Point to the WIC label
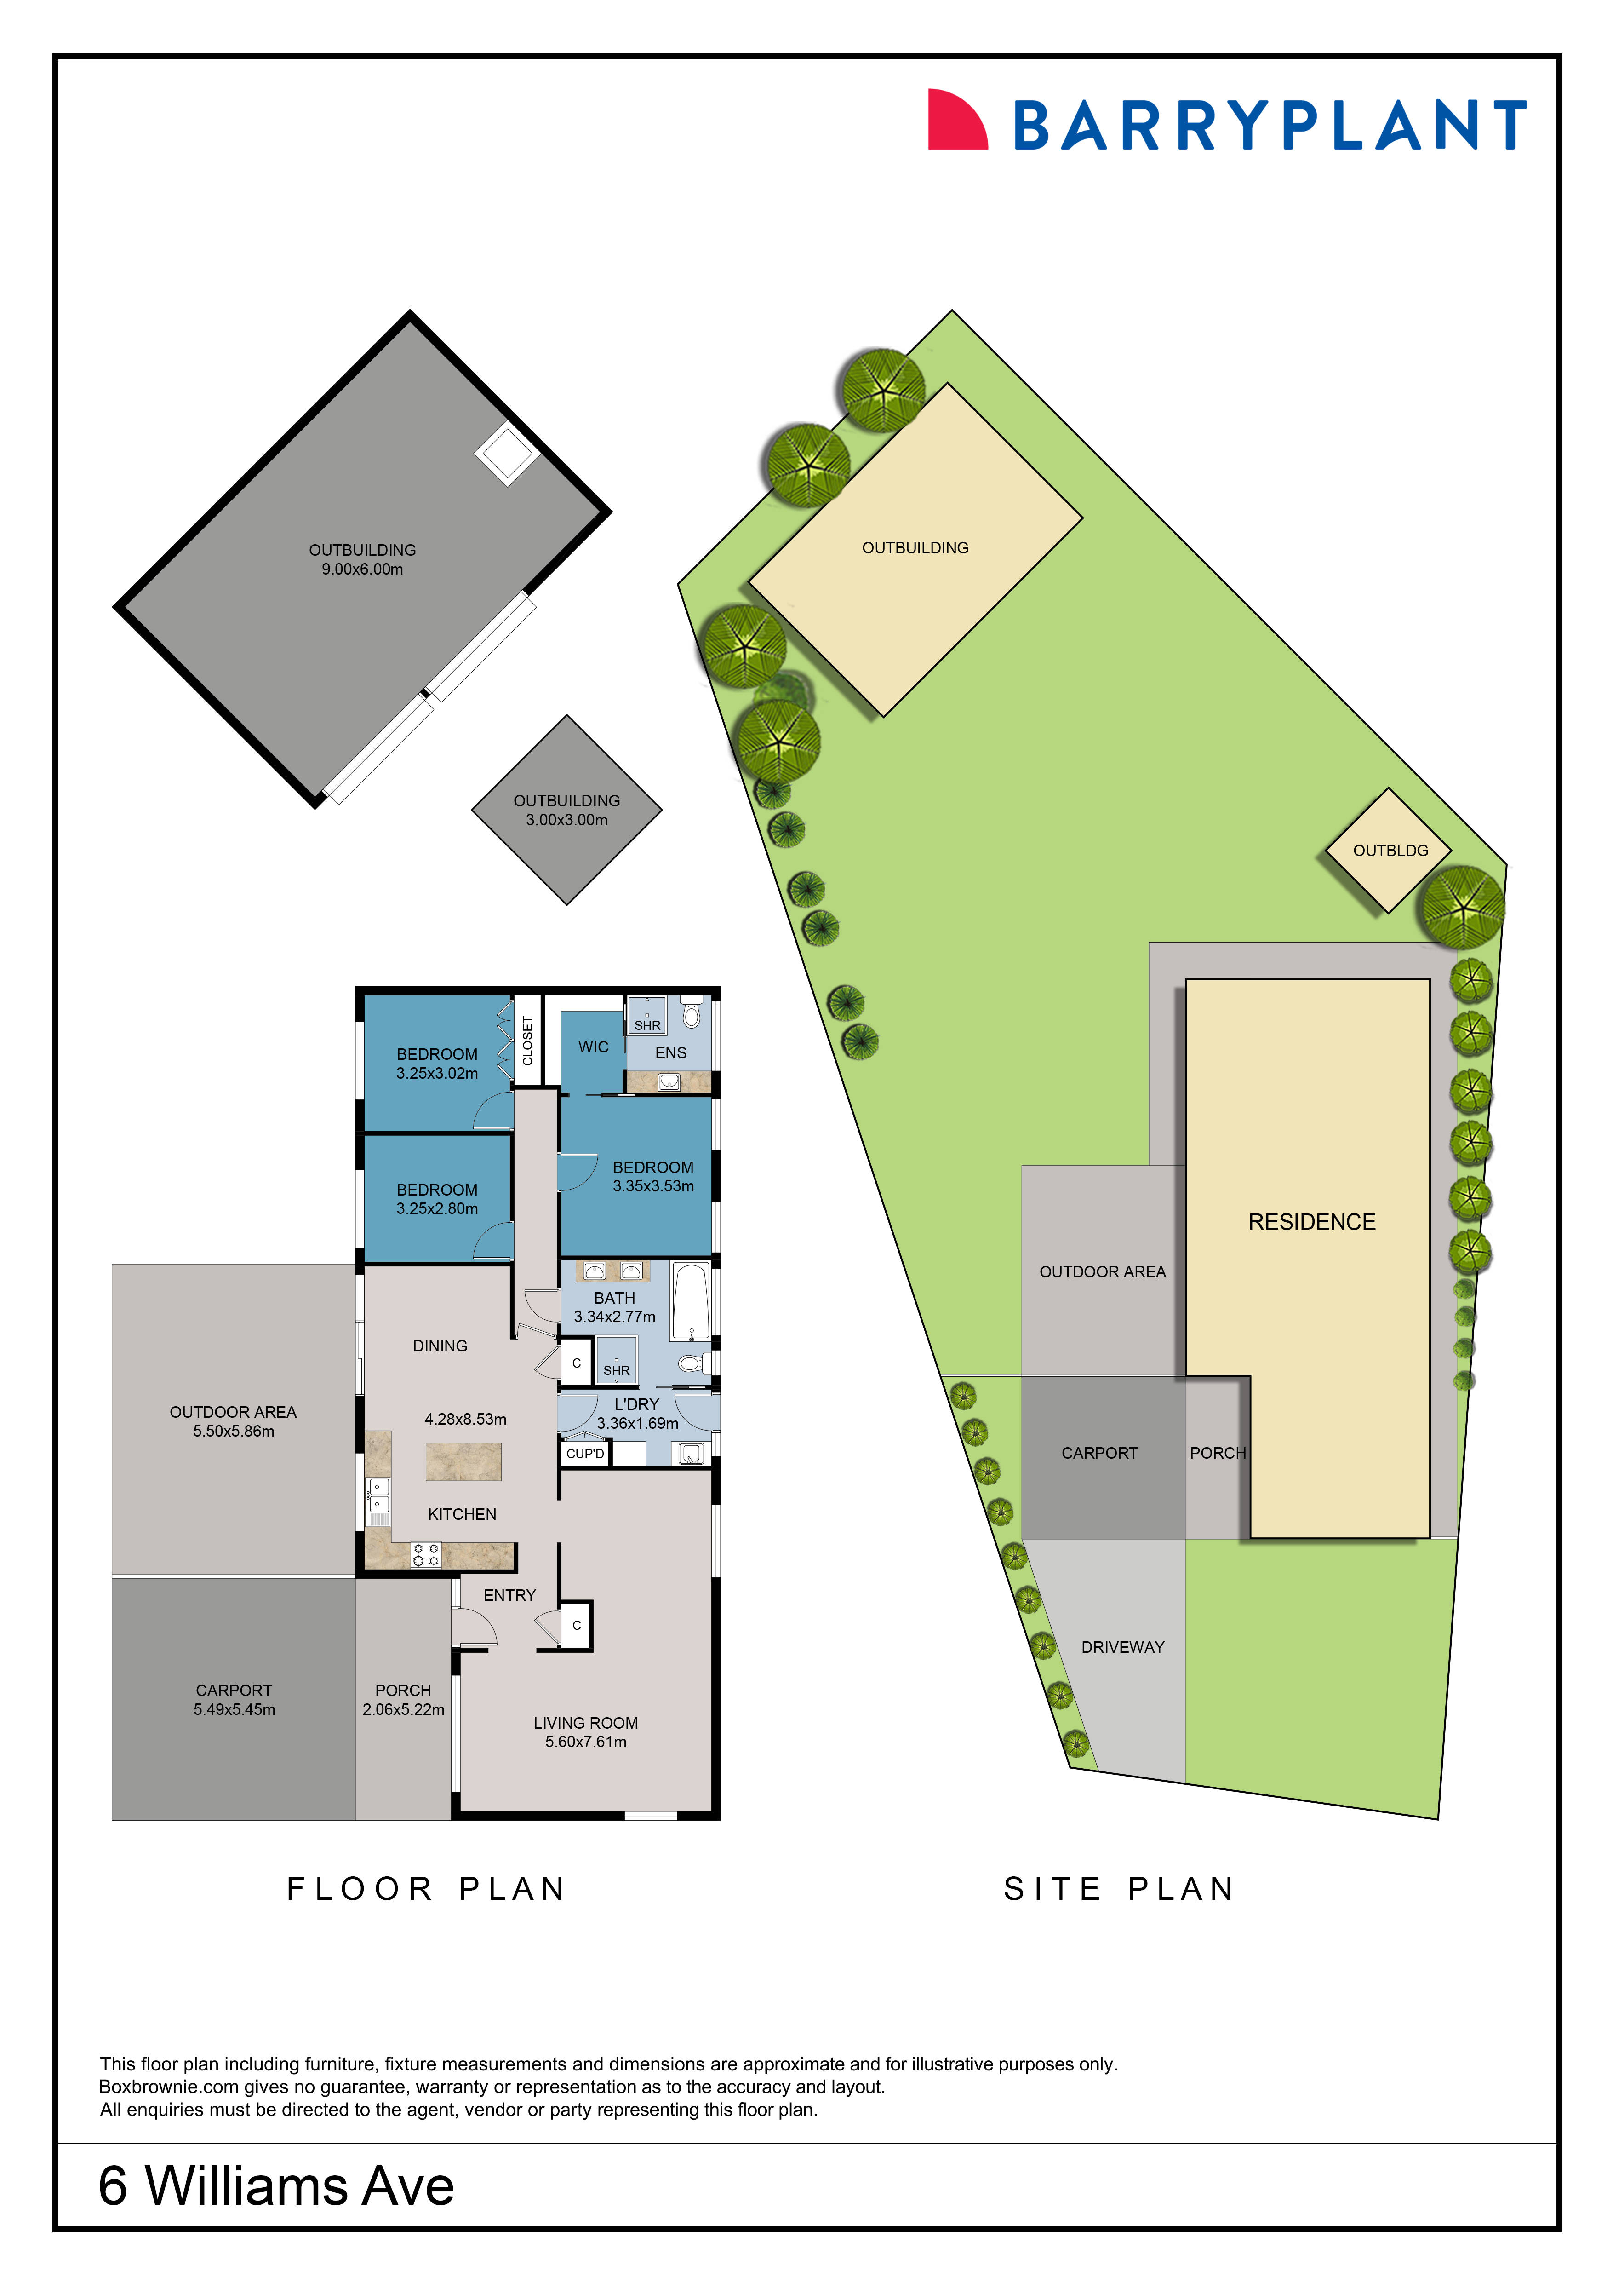[593, 1047]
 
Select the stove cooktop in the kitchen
[425, 1554]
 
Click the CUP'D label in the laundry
[584, 1454]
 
